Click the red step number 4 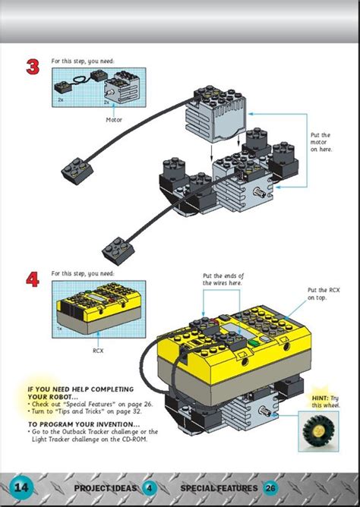point(33,280)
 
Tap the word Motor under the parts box point(114,119)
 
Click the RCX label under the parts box point(98,351)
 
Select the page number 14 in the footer point(21,487)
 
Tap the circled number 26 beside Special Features point(270,487)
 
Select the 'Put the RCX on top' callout point(322,294)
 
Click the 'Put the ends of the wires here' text point(223,279)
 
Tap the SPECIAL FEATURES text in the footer point(219,487)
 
